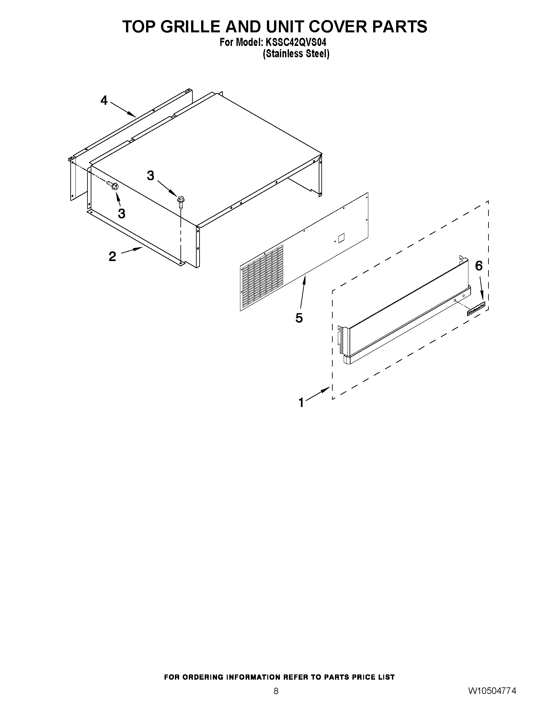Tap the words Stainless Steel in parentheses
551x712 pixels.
tap(296, 53)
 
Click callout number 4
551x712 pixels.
tap(104, 101)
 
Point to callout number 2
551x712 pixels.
tap(112, 257)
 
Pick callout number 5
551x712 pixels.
tap(299, 318)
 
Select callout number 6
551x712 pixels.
tap(478, 266)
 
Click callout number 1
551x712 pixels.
tap(301, 403)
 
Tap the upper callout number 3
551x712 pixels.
tap(150, 176)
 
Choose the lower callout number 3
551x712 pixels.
tap(121, 214)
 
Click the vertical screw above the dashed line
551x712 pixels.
tap(180, 200)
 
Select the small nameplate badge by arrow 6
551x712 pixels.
tap(476, 308)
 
